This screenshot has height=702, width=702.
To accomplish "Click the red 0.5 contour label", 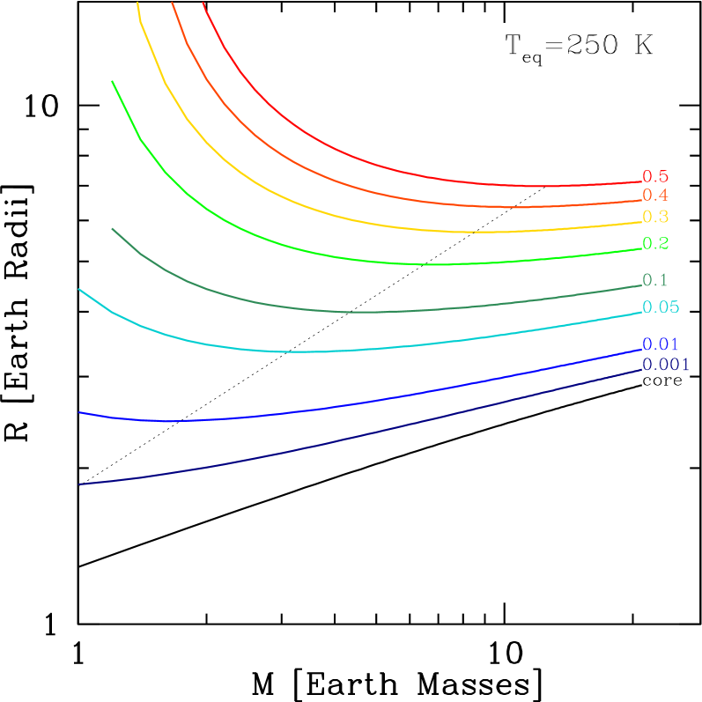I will [654, 177].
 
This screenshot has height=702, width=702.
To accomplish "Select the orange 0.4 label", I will [654, 196].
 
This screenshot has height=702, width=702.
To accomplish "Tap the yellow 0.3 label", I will [655, 217].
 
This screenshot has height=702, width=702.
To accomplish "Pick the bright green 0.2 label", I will [655, 243].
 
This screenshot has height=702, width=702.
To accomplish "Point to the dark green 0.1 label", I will [654, 280].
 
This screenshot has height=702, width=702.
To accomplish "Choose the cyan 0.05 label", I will [661, 307].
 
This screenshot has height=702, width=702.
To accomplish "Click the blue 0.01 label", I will [661, 344].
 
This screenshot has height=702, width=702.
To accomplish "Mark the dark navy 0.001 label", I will [666, 365].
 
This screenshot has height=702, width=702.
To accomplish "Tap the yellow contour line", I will [352, 218].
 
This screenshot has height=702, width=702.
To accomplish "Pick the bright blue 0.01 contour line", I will [352, 404].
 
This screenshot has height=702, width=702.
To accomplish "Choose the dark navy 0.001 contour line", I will [352, 437].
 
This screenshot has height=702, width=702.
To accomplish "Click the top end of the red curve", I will [203, 4].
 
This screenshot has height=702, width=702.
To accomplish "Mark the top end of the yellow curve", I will [138, 4].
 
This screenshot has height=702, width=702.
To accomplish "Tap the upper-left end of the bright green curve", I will [113, 82].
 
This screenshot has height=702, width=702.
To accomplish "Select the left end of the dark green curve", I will [113, 229].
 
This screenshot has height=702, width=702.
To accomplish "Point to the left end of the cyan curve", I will [80, 290].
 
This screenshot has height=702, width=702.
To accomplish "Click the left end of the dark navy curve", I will [80, 484].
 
